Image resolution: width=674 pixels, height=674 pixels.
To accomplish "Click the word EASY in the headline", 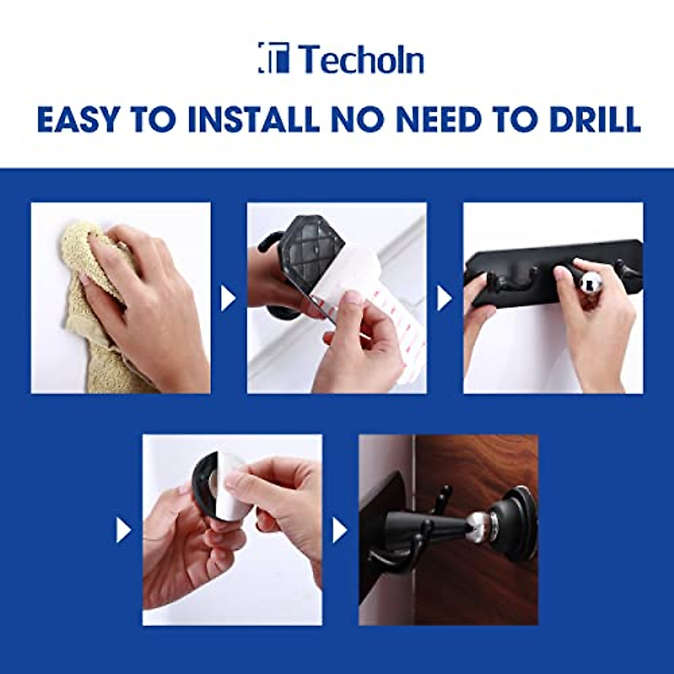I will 79,119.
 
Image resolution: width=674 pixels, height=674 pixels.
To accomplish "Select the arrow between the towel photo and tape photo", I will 228,298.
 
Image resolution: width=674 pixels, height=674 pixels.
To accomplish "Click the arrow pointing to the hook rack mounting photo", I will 444,298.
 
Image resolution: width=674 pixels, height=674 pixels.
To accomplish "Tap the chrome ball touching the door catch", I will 476,521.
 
